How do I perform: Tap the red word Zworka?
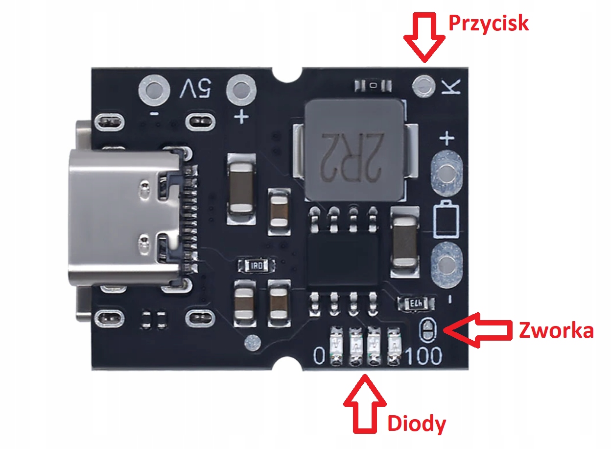pyautogui.click(x=556, y=331)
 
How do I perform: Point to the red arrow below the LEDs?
pyautogui.click(x=364, y=402)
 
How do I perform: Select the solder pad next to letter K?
pyautogui.click(x=424, y=86)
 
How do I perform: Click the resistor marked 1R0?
pyautogui.click(x=256, y=266)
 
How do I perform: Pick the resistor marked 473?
pyautogui.click(x=416, y=303)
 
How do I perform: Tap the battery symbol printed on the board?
pyautogui.click(x=446, y=218)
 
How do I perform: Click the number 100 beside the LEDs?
pyautogui.click(x=424, y=356)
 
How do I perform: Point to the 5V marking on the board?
pyautogui.click(x=196, y=90)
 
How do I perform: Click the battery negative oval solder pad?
pyautogui.click(x=446, y=265)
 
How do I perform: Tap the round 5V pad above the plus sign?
pyautogui.click(x=241, y=89)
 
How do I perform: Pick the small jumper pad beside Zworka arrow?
pyautogui.click(x=428, y=329)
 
